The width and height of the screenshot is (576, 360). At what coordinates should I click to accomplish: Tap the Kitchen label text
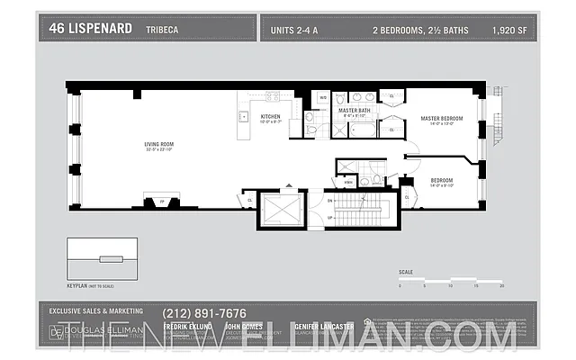(270, 117)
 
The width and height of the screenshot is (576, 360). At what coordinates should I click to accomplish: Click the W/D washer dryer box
(322, 97)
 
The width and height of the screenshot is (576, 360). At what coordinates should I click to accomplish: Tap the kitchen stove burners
(272, 96)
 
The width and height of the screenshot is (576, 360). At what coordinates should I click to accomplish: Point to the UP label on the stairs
(330, 218)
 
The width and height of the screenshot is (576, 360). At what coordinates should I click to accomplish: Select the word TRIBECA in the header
(161, 31)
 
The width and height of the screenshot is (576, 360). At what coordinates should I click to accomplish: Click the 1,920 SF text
(510, 31)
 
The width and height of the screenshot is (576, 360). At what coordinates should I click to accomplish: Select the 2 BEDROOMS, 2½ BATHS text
(421, 31)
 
